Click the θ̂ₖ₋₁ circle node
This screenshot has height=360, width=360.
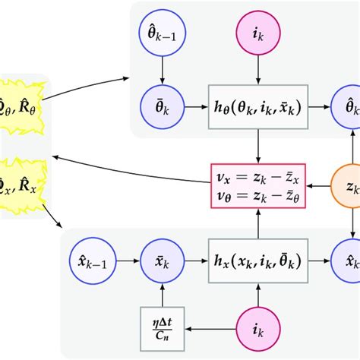click(x=161, y=35)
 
